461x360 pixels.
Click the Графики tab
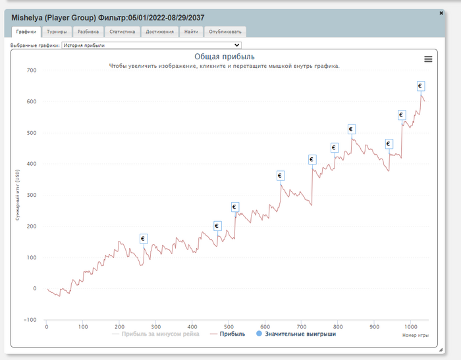click(x=26, y=32)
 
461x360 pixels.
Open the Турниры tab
click(x=57, y=32)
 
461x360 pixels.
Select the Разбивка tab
click(x=88, y=32)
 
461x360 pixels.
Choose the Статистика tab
click(x=122, y=32)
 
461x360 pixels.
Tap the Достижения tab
click(x=159, y=32)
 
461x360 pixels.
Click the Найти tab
click(x=192, y=32)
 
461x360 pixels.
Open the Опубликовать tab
click(x=225, y=32)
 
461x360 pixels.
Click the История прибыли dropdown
click(x=151, y=45)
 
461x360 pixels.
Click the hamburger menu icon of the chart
click(x=428, y=59)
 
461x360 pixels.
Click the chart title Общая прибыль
click(x=224, y=57)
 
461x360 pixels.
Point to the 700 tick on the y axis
click(x=31, y=70)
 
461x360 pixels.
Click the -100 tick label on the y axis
click(x=30, y=320)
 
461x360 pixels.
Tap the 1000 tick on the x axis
click(x=410, y=326)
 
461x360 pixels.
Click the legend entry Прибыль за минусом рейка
click(x=156, y=334)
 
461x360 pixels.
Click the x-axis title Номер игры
click(x=415, y=335)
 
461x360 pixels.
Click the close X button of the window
click(x=441, y=13)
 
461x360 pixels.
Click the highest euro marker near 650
click(x=420, y=86)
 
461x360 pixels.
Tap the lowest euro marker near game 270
click(x=144, y=238)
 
